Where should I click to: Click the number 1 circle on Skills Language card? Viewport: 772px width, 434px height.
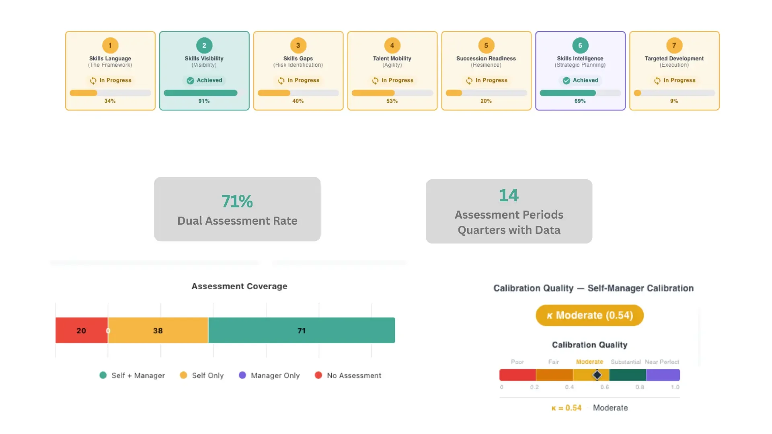[x=110, y=45]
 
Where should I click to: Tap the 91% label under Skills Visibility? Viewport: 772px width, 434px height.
[x=204, y=101]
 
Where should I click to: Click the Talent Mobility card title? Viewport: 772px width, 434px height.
[x=392, y=58]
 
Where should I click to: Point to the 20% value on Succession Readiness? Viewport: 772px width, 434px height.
[x=486, y=101]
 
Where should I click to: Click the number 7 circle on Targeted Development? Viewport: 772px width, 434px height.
[x=674, y=45]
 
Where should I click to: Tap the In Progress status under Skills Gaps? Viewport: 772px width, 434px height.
[x=298, y=80]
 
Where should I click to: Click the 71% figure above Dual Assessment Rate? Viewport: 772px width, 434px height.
[x=237, y=201]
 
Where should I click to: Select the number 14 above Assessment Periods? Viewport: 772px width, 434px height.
[x=509, y=195]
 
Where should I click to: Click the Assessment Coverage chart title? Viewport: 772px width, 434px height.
[x=239, y=286]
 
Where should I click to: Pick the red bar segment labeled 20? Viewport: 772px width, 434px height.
[x=82, y=330]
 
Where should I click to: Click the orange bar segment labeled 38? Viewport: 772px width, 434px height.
[x=158, y=330]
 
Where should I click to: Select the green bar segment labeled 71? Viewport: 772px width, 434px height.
[x=302, y=330]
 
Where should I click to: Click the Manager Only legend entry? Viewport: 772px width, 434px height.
[x=269, y=375]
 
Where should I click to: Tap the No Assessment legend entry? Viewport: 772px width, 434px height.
[x=348, y=375]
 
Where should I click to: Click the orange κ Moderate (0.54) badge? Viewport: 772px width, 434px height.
[x=589, y=315]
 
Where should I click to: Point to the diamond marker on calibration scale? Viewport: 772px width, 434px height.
[x=597, y=375]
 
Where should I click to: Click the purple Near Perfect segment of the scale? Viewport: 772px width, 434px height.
[x=663, y=375]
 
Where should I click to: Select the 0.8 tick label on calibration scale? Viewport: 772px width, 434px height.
[x=640, y=387]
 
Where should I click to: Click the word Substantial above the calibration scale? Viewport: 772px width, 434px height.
[x=626, y=362]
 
